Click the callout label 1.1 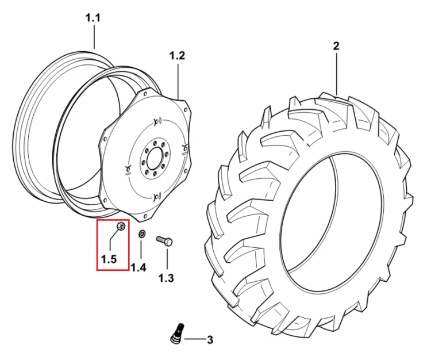pos(93,18)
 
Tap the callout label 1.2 pos(177,56)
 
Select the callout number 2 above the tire pos(336,46)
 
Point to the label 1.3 pos(166,278)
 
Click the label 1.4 pos(138,267)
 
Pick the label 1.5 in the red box pos(109,259)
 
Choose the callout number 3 pos(210,340)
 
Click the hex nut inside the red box pos(121,227)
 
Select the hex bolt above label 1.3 pos(164,240)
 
